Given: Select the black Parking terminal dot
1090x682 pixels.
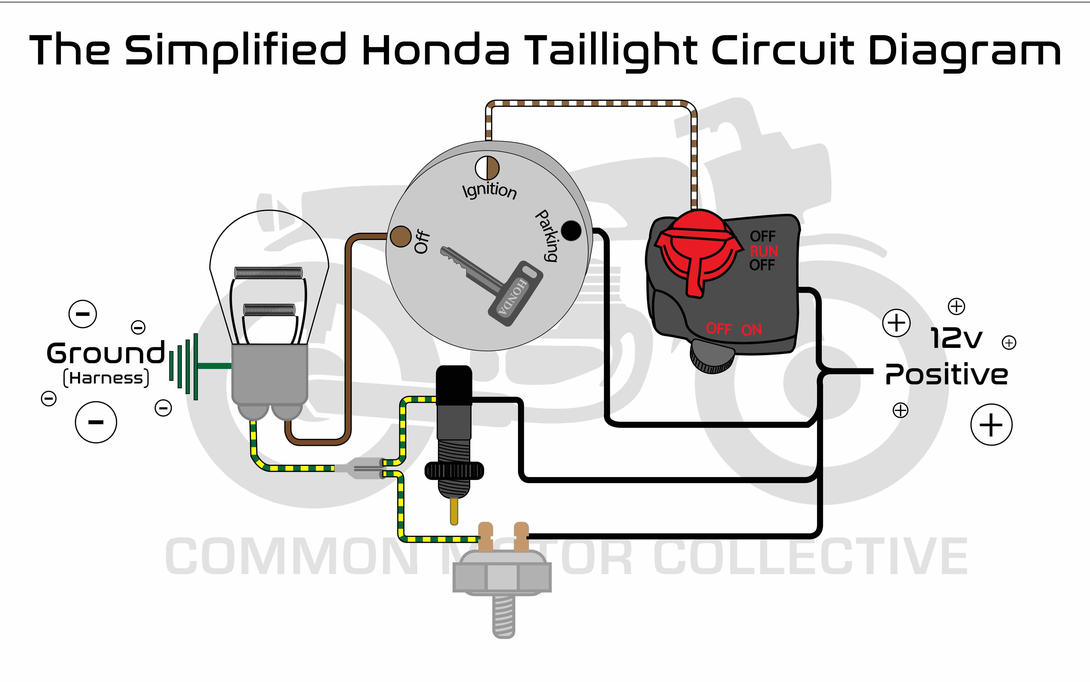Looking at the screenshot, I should pos(571,230).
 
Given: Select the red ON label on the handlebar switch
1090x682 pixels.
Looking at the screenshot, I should pos(752,330).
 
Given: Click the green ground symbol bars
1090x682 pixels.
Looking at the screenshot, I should pos(185,366).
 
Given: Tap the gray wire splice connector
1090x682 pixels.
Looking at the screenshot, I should pos(361,468).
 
